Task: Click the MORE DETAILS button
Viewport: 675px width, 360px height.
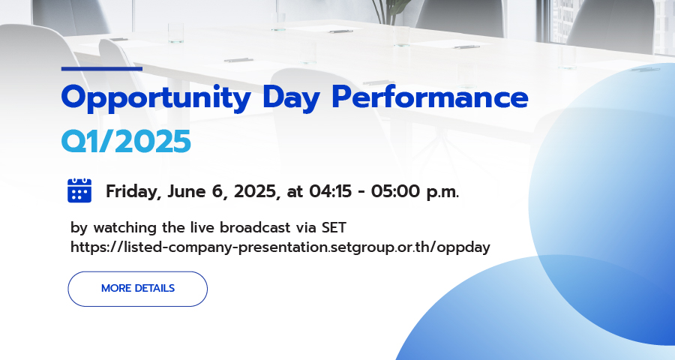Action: [138, 289]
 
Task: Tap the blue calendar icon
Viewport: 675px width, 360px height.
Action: [79, 190]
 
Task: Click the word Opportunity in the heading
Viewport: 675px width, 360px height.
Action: [156, 98]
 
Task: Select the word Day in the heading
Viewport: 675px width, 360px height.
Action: [291, 98]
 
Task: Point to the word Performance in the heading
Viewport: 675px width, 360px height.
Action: [430, 97]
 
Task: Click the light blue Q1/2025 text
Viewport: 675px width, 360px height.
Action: [126, 141]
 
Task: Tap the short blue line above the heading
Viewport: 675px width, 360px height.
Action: [101, 68]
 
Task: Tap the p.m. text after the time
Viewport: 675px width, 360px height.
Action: [442, 193]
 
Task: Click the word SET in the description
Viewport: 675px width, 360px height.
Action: [334, 227]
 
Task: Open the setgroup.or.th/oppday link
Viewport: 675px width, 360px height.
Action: [280, 247]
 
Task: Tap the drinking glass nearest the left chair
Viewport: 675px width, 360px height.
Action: [175, 33]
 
